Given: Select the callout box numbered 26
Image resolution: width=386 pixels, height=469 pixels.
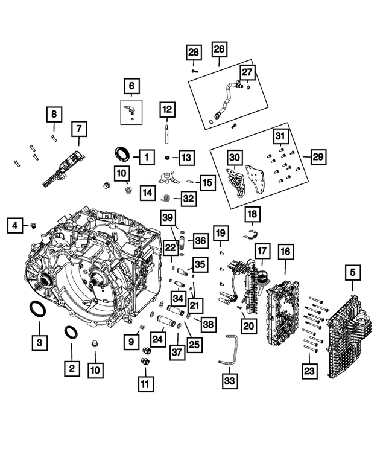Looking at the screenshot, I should (218, 49).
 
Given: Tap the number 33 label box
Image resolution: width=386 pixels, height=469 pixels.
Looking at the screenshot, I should (230, 380).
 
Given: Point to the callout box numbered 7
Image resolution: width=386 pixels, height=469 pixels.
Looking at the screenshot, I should (78, 129).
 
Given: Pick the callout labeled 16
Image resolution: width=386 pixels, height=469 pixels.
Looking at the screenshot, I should (285, 252).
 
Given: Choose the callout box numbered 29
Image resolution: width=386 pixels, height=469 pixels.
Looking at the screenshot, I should (318, 157).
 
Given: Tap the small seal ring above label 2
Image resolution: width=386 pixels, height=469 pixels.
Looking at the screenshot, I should (71, 332).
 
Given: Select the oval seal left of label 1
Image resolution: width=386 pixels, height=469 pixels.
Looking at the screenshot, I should (121, 152).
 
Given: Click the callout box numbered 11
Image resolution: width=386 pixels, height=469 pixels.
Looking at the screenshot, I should (145, 382).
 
